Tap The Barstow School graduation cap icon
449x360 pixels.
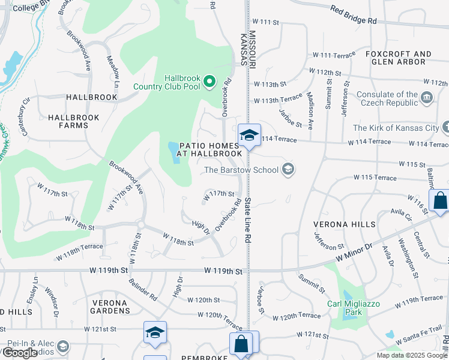289,170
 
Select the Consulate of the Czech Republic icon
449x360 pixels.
426,97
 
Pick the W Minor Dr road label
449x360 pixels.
354,251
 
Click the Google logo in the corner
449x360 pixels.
20,353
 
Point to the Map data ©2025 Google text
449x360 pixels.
412,355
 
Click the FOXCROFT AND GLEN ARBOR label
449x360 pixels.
398,58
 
